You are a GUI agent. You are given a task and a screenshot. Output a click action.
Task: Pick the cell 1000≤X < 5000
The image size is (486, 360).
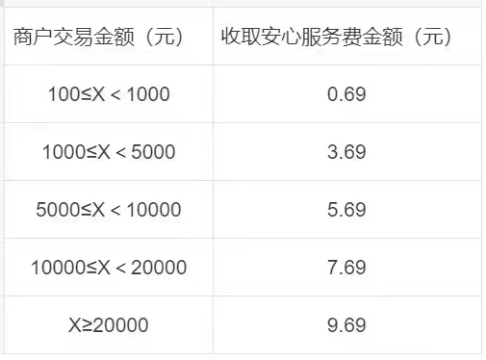click(108, 152)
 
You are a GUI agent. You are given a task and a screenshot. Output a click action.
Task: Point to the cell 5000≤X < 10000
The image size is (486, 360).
click(108, 210)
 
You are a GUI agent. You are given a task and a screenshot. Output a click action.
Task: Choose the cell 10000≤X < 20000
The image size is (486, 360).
click(108, 268)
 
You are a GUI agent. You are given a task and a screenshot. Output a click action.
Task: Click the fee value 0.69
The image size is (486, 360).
click(346, 94)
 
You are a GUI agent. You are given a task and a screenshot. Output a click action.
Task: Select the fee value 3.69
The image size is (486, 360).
click(346, 152)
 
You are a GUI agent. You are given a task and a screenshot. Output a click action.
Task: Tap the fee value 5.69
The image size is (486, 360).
click(346, 210)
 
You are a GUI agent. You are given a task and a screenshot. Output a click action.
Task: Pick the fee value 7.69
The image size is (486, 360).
click(346, 268)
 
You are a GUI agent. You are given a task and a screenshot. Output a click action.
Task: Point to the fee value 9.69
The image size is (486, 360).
click(346, 325)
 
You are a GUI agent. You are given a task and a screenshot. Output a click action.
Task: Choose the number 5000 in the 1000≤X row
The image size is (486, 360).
click(153, 152)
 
